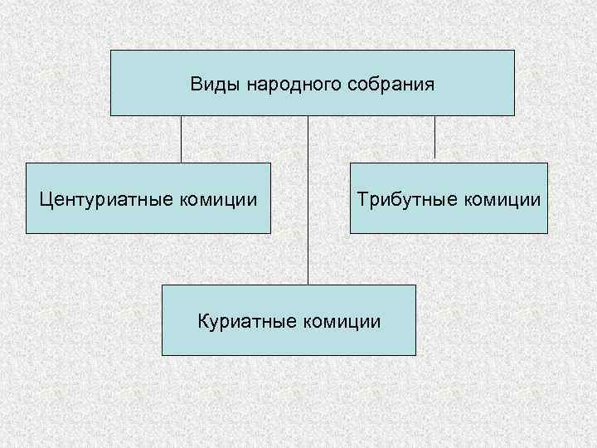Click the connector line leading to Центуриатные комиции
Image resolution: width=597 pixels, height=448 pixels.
point(182,139)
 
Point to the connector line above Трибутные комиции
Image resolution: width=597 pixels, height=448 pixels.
point(434,137)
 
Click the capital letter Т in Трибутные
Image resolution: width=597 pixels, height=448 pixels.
point(363,199)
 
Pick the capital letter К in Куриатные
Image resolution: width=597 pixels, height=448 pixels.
point(201,320)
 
